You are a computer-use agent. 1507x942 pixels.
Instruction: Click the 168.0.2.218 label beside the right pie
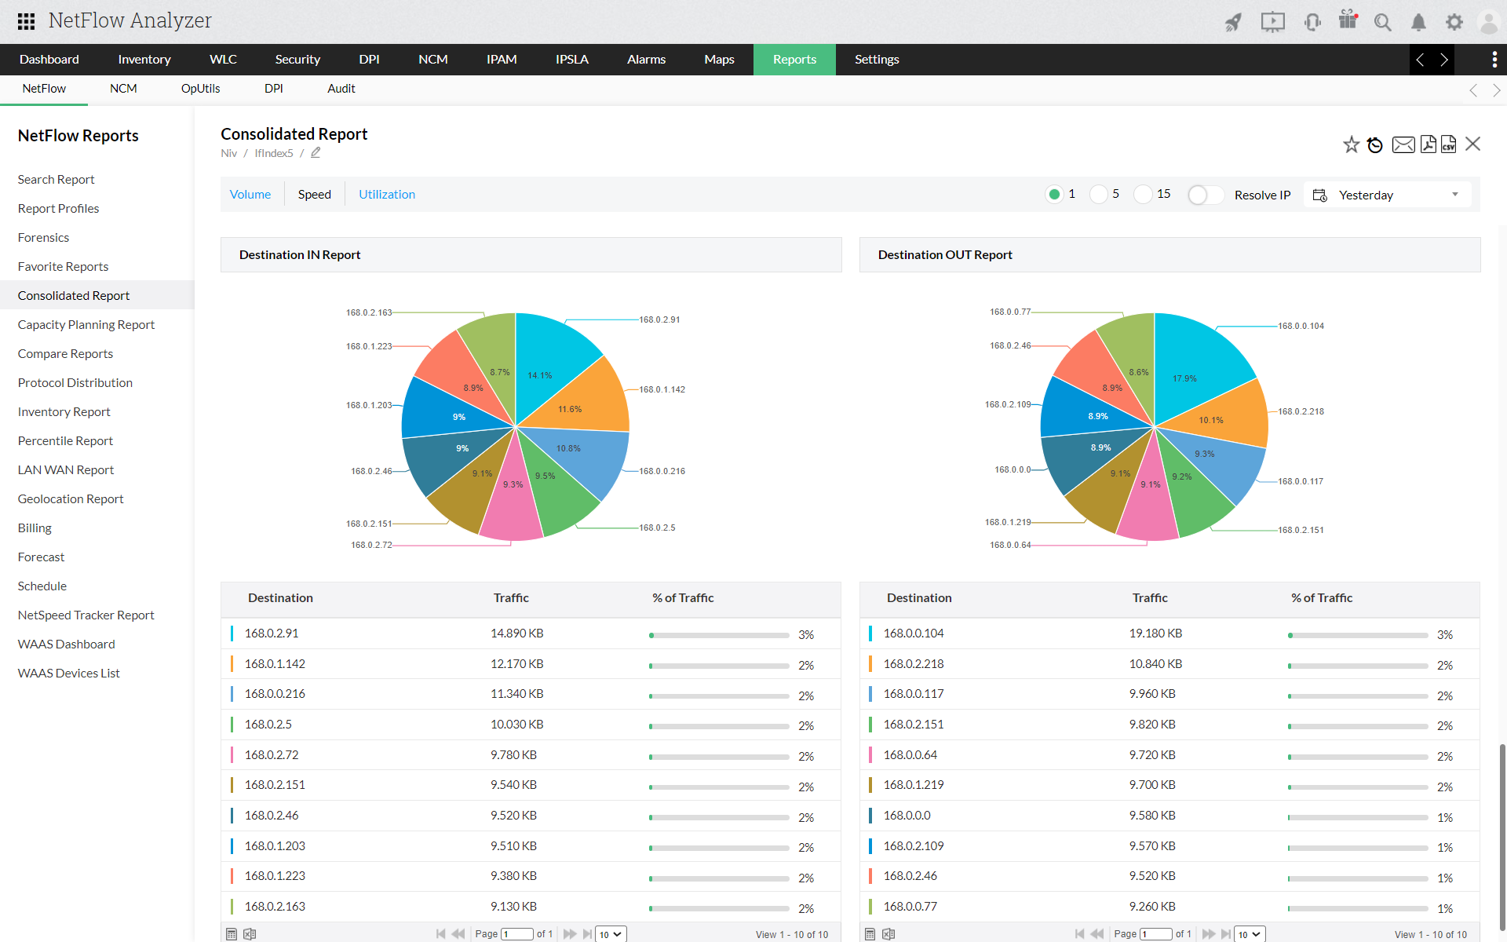(1301, 411)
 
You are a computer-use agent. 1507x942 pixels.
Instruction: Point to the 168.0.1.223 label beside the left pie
(369, 346)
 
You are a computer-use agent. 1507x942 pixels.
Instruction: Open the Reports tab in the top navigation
(794, 60)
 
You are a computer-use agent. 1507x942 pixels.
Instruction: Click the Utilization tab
(387, 195)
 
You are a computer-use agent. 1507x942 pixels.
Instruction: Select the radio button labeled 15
(1144, 194)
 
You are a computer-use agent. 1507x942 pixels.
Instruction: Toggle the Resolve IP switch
(1206, 195)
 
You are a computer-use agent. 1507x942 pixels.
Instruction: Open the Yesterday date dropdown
(1387, 195)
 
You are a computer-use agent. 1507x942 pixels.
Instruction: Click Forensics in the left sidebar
(43, 237)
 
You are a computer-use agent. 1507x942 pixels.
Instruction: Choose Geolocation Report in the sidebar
(71, 498)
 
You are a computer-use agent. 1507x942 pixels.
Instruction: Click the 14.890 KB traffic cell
(516, 633)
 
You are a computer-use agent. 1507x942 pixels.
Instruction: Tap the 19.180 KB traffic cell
(1155, 633)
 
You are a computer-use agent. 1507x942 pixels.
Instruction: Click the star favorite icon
(1351, 144)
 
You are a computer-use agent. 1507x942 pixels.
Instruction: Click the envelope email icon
(1403, 144)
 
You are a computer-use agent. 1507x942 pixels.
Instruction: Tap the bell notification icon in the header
(1418, 23)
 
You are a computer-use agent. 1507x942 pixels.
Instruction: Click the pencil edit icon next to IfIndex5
(316, 153)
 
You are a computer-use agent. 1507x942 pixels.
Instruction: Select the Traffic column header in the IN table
(511, 598)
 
